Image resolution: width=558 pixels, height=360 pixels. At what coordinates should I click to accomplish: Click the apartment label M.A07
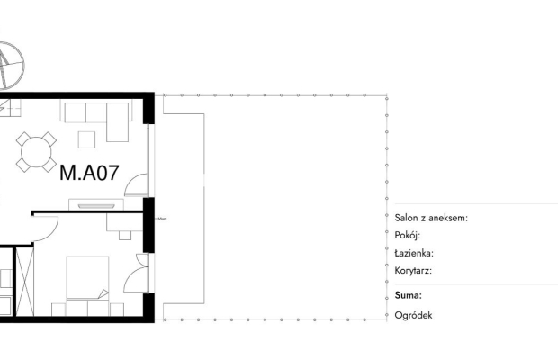pos(89,173)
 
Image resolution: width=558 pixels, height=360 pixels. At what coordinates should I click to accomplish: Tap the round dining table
pos(36,152)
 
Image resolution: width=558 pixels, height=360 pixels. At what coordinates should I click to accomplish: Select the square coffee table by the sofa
pos(86,139)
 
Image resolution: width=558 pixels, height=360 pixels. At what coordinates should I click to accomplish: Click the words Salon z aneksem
pos(431,218)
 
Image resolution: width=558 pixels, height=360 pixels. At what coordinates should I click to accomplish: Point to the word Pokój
pos(408,235)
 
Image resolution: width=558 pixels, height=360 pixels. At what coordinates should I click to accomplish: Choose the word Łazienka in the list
pos(414,253)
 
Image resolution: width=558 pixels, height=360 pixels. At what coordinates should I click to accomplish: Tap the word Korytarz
pos(413,270)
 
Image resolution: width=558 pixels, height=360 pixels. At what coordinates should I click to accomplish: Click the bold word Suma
pos(409,295)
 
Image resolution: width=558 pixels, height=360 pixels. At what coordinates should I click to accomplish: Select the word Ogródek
pos(413,315)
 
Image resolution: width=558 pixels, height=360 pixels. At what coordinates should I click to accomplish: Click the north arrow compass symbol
pos(9,66)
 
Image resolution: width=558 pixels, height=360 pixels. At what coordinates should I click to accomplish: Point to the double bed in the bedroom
pos(87,285)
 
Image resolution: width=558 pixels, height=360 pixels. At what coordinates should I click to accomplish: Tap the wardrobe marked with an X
pos(25,282)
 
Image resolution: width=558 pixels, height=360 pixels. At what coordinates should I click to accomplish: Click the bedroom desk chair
pos(125,235)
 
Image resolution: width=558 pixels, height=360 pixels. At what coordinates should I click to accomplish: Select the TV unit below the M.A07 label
pos(96,204)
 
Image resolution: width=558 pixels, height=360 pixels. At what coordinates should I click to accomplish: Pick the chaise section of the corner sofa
pos(117,122)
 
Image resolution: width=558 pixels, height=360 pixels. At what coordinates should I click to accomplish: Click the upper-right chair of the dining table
pos(49,139)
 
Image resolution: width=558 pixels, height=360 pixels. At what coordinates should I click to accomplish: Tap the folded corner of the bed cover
pos(103,293)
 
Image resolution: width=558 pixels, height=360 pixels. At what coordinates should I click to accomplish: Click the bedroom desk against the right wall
pos(124,222)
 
